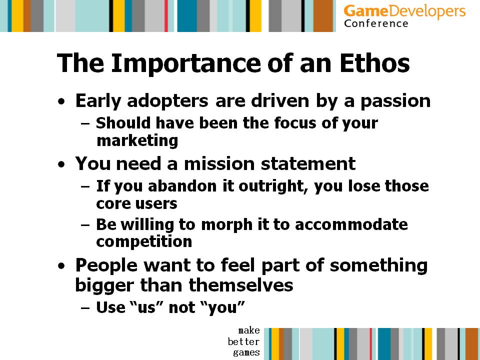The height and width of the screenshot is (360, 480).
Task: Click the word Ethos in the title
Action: (374, 63)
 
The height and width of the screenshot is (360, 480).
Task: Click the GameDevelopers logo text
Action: (404, 11)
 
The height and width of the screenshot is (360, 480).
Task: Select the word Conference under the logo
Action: (376, 23)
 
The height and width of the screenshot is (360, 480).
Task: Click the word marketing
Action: (137, 141)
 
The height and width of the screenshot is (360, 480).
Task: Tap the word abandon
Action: (182, 186)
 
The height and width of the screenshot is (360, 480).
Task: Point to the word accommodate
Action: (351, 224)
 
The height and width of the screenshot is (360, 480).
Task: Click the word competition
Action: (144, 242)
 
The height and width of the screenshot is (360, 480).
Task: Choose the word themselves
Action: (241, 284)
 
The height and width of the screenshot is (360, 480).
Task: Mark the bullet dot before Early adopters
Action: (61, 101)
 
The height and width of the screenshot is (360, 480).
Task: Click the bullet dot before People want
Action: (61, 265)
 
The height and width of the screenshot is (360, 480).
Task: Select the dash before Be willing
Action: (85, 225)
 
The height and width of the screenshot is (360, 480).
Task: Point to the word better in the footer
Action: (243, 341)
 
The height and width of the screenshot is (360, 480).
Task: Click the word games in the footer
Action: (246, 352)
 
